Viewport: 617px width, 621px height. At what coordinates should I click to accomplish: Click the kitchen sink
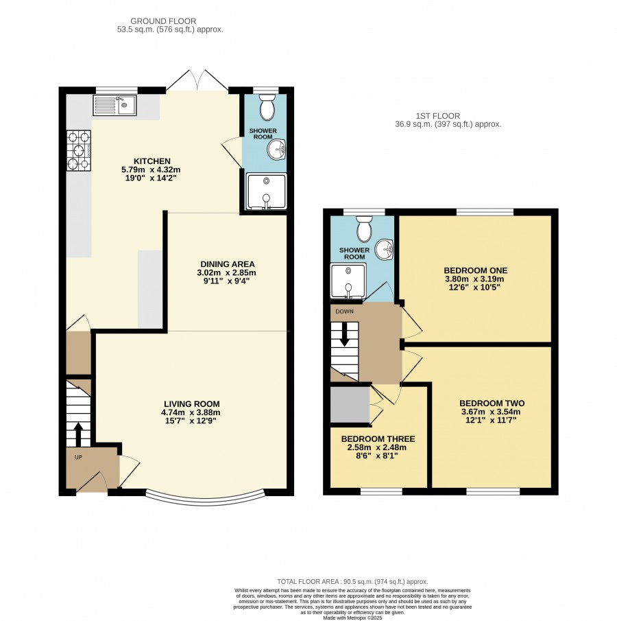(x=114, y=105)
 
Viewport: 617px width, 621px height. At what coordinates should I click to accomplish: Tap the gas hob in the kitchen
(x=79, y=151)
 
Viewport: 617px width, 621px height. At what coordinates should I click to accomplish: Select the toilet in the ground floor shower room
(x=267, y=107)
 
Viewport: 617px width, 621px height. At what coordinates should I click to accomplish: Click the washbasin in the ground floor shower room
(x=277, y=150)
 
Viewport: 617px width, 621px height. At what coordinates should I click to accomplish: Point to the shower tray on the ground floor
(x=267, y=191)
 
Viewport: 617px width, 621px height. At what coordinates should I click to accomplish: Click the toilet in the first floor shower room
(x=364, y=229)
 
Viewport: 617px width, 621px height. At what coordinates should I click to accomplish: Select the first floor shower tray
(x=348, y=281)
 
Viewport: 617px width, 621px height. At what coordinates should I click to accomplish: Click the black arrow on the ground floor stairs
(x=78, y=434)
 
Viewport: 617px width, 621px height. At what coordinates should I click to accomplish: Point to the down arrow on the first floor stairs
(x=345, y=334)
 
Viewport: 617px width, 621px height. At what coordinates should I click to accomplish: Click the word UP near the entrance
(x=78, y=457)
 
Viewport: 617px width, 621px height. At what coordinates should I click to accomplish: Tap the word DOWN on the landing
(x=344, y=312)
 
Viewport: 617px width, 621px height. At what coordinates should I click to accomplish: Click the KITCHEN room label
(x=152, y=161)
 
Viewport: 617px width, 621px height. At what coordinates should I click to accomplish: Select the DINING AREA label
(x=228, y=264)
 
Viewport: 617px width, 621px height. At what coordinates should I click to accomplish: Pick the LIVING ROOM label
(x=192, y=404)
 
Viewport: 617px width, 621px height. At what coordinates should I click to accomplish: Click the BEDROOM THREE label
(x=378, y=439)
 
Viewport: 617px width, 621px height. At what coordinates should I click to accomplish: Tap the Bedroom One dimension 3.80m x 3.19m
(x=474, y=279)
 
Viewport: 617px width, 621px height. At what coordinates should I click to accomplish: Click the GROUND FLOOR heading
(x=163, y=21)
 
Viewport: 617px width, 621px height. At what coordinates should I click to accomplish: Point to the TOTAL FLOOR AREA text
(x=352, y=582)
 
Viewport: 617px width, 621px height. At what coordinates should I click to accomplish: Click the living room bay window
(x=206, y=502)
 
